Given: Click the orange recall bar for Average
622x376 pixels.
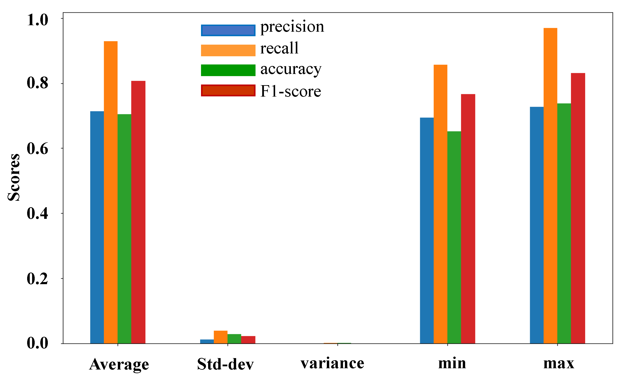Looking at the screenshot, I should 111,192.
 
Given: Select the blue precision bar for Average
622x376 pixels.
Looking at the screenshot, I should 97,227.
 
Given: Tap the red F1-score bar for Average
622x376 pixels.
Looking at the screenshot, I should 138,212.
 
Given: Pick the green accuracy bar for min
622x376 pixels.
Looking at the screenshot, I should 454,238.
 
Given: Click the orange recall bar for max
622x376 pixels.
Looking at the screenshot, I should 550,186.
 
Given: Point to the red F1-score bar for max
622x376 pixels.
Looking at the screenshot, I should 578,208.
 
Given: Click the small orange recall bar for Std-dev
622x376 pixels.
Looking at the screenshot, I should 220,337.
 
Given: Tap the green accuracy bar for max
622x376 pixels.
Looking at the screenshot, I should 564,224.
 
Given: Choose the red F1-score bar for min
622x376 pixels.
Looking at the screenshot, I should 468,219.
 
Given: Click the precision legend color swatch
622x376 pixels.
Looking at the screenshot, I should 228,30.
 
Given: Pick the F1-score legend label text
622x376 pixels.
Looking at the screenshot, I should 291,91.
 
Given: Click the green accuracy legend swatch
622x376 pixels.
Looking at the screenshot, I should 228,70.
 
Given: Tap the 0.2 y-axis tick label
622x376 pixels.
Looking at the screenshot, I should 37,279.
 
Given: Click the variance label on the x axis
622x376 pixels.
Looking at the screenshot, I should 332,363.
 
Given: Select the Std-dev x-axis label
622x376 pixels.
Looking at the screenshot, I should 225,364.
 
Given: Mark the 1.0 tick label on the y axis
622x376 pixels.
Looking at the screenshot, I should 37,20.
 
